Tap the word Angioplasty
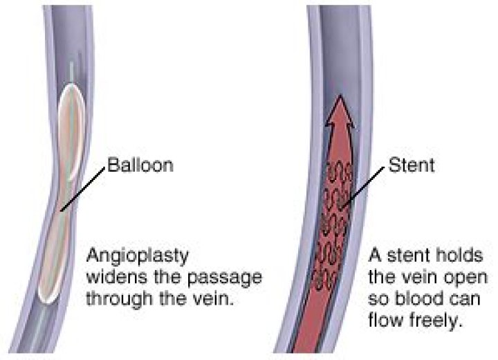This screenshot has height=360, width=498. pos(132,255)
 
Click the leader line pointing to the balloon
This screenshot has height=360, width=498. pos(82,188)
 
